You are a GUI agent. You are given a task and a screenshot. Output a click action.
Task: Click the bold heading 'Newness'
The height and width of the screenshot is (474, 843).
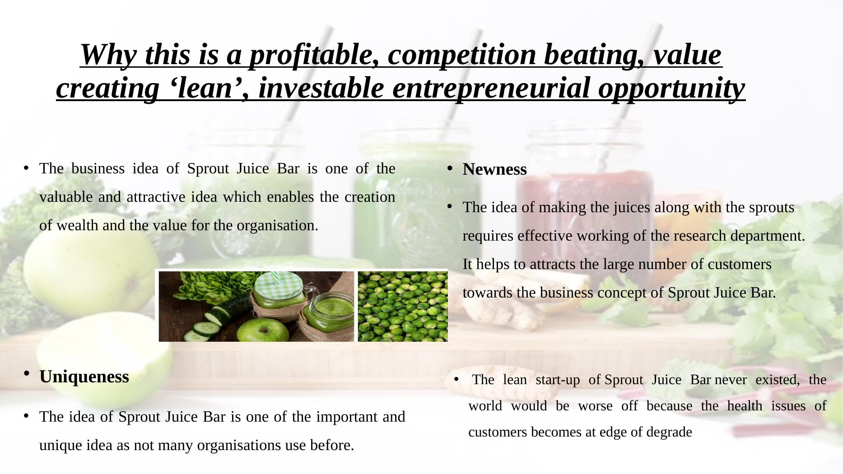495,169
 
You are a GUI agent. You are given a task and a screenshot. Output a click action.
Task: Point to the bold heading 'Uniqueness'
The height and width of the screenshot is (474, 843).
84,376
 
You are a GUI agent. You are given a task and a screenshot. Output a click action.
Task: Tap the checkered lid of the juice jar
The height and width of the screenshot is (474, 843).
279,283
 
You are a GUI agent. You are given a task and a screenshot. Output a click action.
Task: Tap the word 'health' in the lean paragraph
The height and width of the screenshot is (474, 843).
745,406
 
